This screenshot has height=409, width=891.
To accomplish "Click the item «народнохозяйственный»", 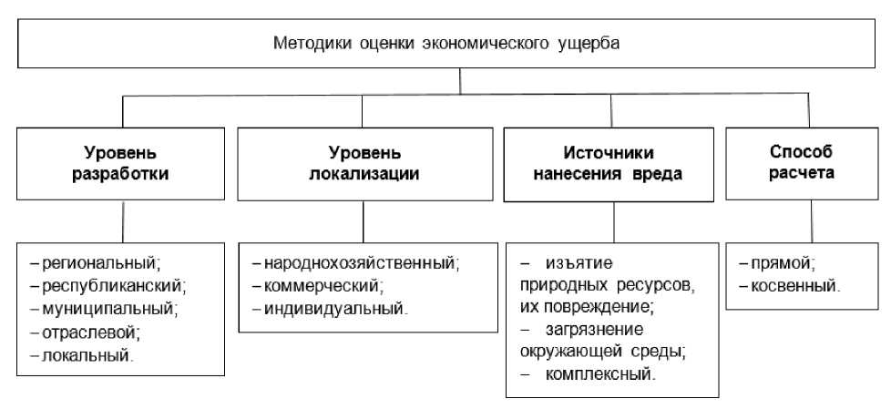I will (x=361, y=264).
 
